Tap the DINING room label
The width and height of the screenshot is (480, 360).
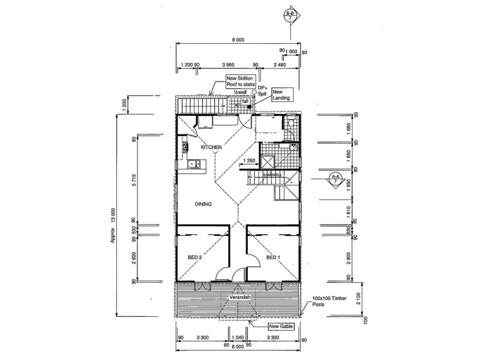click(x=203, y=204)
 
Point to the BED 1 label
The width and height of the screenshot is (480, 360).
click(x=273, y=257)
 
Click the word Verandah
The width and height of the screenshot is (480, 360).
click(x=239, y=297)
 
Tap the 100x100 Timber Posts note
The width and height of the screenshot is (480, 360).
click(x=328, y=301)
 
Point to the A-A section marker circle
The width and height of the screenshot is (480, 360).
click(x=335, y=179)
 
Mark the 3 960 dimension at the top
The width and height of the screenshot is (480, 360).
click(x=227, y=63)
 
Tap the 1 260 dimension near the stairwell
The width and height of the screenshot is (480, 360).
click(x=250, y=160)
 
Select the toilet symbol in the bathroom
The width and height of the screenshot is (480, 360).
click(x=289, y=124)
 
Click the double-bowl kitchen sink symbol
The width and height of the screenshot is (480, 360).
click(x=194, y=164)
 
